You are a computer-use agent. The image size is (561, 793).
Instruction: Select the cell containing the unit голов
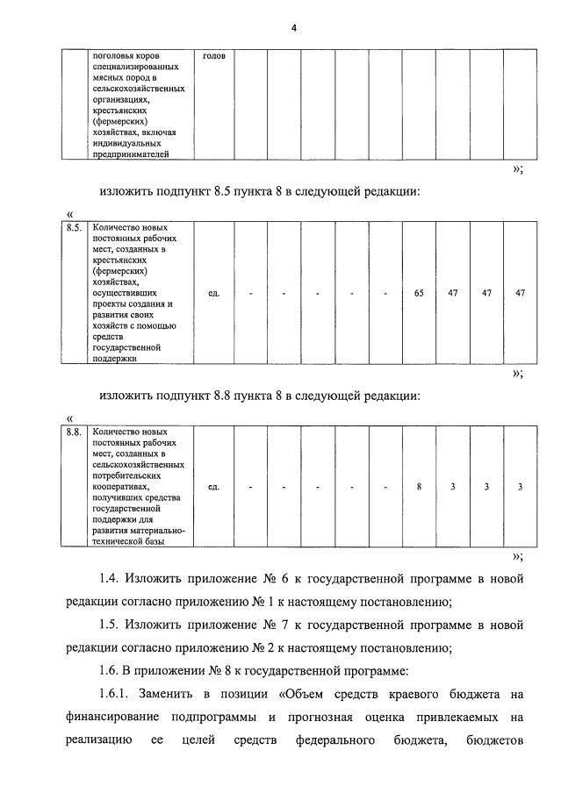pos(213,56)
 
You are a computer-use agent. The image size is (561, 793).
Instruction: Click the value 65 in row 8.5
pos(419,293)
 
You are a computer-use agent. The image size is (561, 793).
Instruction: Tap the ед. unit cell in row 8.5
pos(213,293)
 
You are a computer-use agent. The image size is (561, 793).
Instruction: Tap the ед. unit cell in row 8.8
pos(213,487)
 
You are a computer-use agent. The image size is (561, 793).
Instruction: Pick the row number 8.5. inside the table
pos(75,229)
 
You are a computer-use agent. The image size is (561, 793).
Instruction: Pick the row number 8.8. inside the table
pos(75,432)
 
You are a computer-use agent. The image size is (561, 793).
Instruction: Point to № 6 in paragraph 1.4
pos(269,579)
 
